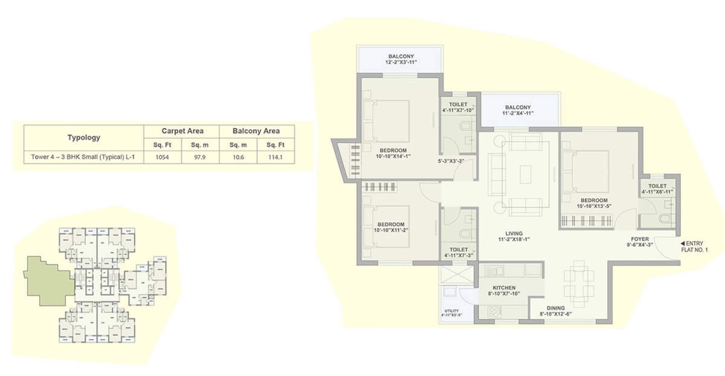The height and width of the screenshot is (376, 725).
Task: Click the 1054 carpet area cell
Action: [162, 157]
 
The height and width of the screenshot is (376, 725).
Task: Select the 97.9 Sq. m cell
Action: [200, 157]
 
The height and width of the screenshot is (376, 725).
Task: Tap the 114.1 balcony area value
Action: [275, 157]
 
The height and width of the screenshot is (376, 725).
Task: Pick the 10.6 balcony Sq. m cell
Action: [238, 157]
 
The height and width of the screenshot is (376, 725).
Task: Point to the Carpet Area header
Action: [182, 131]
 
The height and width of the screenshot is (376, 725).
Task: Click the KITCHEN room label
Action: [504, 288]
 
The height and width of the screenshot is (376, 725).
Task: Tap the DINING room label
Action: [556, 308]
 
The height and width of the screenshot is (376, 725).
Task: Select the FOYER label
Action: [640, 239]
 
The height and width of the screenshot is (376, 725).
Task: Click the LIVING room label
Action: [514, 234]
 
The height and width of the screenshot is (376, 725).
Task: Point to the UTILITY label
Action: [451, 311]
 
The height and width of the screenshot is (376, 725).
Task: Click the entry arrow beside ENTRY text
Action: [682, 243]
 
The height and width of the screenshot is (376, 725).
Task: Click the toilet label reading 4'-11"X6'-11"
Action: [657, 192]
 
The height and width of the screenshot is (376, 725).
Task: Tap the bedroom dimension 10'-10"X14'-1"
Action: [393, 156]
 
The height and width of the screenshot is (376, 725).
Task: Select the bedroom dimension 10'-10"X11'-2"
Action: [391, 230]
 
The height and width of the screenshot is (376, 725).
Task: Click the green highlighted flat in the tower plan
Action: [48, 282]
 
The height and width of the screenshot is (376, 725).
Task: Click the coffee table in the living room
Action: [525, 175]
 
